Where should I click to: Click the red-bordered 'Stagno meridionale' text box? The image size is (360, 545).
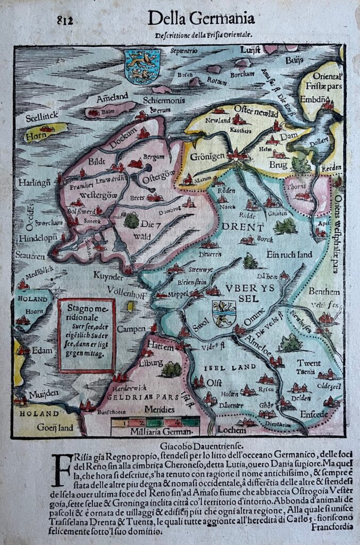pyautogui.click(x=87, y=335)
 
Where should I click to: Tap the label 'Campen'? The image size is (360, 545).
pyautogui.click(x=131, y=329)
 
